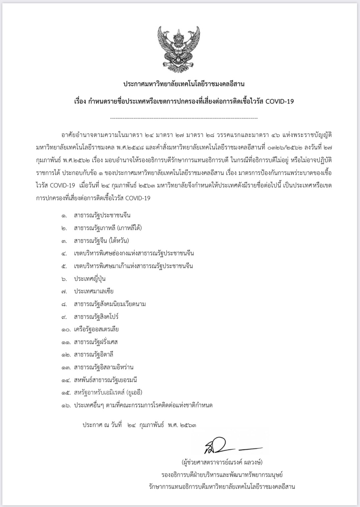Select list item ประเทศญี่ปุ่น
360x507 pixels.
pyautogui.click(x=90, y=279)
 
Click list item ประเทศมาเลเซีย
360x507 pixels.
pyautogui.click(x=94, y=291)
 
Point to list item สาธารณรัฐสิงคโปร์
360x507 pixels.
pyautogui.click(x=97, y=317)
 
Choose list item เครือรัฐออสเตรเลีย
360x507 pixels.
pyautogui.click(x=97, y=329)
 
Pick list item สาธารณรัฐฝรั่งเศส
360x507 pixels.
pyautogui.click(x=96, y=342)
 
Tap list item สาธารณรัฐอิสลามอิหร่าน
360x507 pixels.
pyautogui.click(x=104, y=367)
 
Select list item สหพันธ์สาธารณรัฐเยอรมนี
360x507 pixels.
pyautogui.click(x=106, y=380)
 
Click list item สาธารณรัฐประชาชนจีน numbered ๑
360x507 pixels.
pyautogui.click(x=100, y=215)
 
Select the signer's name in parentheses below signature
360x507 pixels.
pyautogui.click(x=222, y=463)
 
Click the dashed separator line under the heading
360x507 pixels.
pyautogui.click(x=184, y=118)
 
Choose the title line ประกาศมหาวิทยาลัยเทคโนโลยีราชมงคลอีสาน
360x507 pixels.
pyautogui.click(x=184, y=83)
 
